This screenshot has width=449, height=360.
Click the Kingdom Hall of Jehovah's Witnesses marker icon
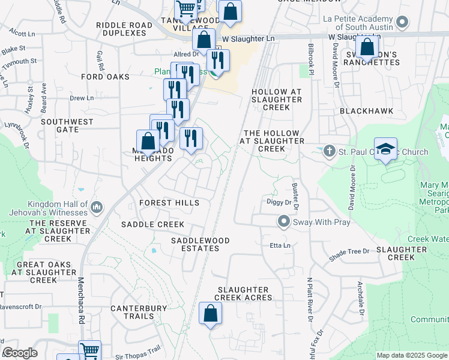click(x=97, y=208)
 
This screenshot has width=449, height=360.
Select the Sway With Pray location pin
click(x=284, y=222)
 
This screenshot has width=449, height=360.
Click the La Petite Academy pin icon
click(x=402, y=23)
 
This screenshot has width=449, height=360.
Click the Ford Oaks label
click(x=106, y=77)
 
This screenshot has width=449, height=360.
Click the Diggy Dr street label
click(x=279, y=203)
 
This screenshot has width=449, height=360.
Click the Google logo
click(x=20, y=353)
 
